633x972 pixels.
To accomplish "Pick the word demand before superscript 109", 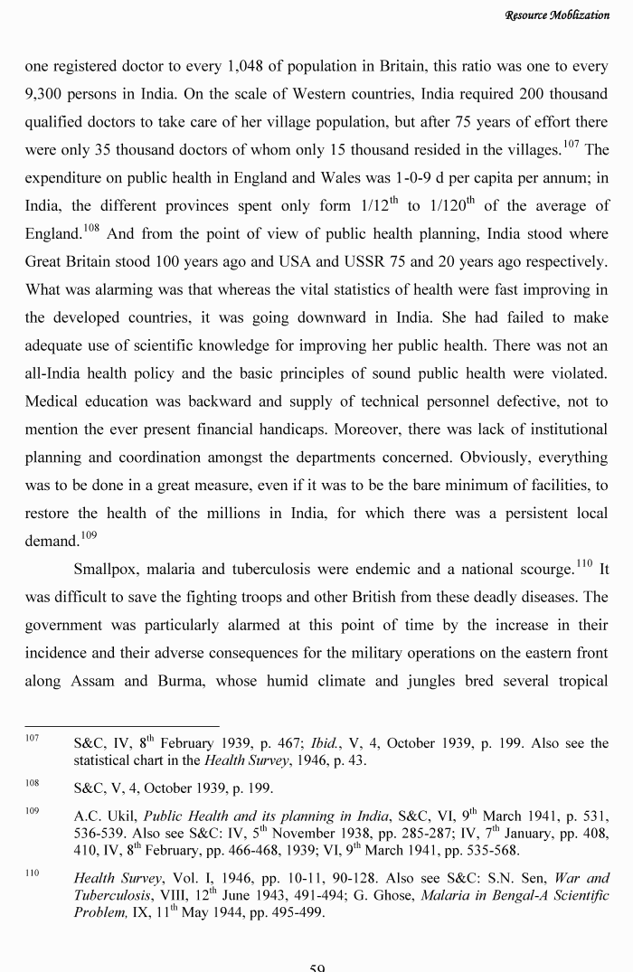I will tap(52, 543).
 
